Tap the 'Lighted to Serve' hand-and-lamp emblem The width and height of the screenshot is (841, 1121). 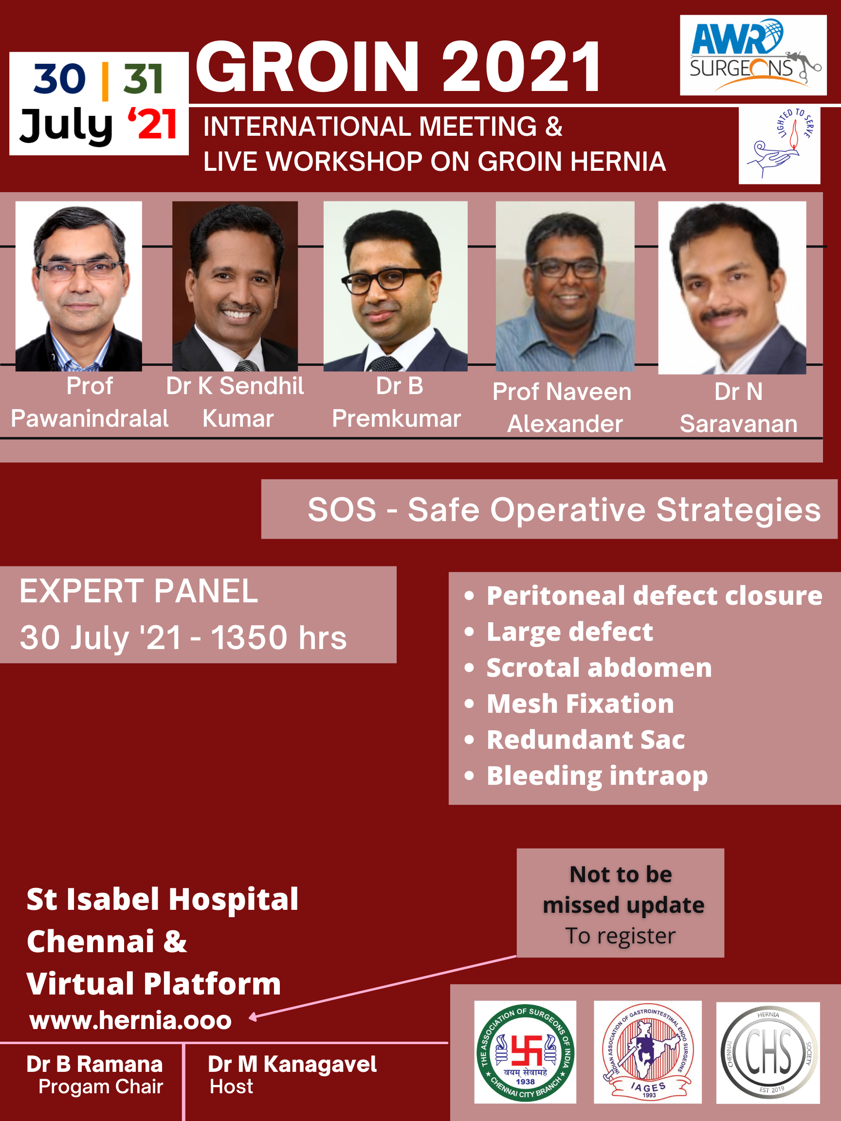[779, 145]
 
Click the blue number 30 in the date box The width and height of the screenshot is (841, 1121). [59, 78]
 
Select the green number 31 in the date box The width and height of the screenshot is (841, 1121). [143, 78]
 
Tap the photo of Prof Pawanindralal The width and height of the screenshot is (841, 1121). [78, 286]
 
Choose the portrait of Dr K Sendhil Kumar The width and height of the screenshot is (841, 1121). [235, 286]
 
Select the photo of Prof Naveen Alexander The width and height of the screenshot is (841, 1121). [565, 286]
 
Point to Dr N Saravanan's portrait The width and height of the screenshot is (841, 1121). [732, 288]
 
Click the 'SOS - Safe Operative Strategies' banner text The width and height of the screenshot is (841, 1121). [564, 509]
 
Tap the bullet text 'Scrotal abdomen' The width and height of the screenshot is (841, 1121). [599, 668]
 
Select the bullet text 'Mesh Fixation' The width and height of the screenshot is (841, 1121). [581, 704]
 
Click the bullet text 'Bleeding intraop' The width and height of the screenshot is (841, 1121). [597, 777]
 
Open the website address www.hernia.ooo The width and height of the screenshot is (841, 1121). [130, 1020]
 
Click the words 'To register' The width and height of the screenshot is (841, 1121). [621, 936]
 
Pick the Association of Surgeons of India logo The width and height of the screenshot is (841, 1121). [525, 1052]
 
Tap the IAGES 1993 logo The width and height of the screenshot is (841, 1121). [648, 1052]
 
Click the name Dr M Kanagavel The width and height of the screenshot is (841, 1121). [292, 1064]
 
